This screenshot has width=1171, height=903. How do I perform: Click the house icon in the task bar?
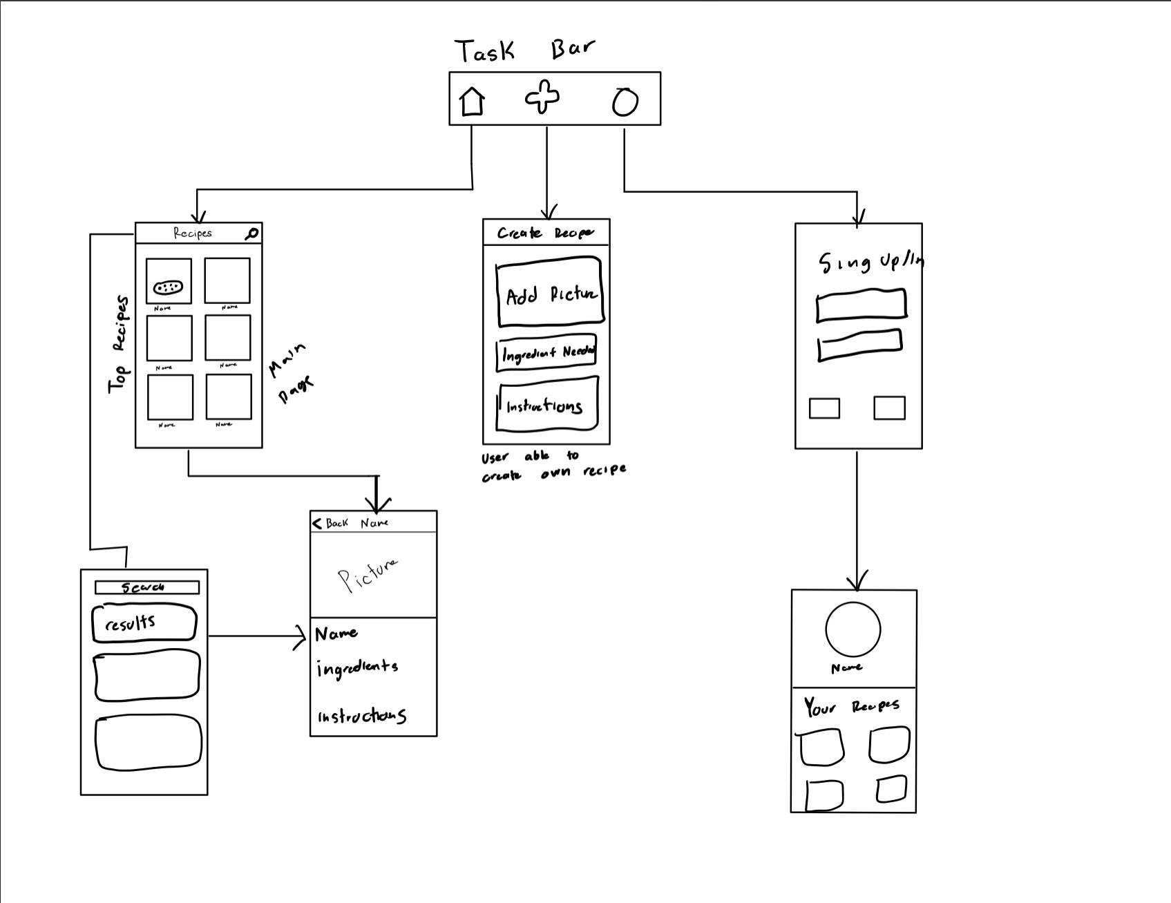472,101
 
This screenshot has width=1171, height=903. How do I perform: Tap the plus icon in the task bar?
542,97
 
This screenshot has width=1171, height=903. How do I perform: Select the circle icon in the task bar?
625,102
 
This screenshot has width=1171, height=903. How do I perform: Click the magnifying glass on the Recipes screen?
252,234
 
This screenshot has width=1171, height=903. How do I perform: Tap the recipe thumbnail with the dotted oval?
169,281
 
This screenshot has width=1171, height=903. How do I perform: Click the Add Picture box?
550,292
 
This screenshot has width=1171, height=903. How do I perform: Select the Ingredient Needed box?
546,353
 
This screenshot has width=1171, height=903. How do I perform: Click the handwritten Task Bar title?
524,50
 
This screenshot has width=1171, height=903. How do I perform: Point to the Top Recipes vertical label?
119,345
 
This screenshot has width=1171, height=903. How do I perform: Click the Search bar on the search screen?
146,587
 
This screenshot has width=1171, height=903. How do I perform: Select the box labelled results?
144,623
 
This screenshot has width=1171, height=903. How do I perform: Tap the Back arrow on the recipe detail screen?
318,523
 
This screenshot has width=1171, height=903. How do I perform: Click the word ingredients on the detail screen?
357,668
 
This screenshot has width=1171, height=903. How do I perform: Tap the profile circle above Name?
853,629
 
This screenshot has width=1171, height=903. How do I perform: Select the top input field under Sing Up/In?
861,305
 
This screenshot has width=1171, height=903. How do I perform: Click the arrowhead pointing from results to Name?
301,636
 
